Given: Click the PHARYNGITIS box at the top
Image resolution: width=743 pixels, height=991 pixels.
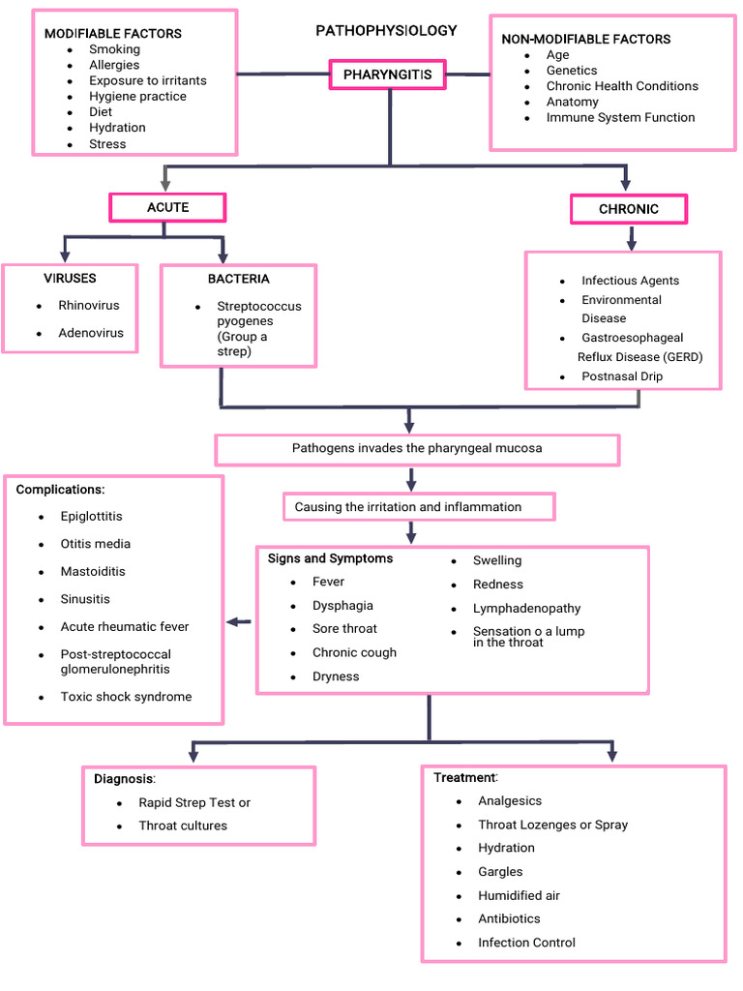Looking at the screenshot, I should (387, 75).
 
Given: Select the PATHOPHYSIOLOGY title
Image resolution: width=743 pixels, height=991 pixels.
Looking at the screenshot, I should (386, 31).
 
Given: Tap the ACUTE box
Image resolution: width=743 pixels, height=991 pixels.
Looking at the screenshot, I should (167, 207).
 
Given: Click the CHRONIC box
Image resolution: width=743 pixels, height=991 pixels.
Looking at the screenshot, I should (629, 209).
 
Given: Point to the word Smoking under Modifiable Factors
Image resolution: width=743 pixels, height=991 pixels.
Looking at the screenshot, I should (114, 49).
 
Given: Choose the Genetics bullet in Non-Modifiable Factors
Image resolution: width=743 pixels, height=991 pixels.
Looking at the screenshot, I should (572, 71).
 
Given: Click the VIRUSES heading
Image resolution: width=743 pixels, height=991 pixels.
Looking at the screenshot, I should (70, 279).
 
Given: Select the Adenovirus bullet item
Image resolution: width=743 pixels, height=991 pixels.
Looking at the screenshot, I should (91, 333).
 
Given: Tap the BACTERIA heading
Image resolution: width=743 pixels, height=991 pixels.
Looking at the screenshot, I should (238, 280).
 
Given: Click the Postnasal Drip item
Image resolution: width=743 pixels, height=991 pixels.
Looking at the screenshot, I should (622, 376).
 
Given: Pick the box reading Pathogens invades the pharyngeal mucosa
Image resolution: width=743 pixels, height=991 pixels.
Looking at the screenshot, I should (417, 449).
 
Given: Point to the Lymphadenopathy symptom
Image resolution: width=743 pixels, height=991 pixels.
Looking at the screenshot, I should (527, 609).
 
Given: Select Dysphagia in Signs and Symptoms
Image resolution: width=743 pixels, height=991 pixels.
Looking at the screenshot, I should (342, 606).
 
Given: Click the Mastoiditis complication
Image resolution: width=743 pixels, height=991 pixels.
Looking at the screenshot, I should (93, 572).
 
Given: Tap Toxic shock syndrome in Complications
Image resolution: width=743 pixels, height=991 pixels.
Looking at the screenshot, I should (126, 697).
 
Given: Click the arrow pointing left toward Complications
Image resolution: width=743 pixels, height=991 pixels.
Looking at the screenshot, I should (237, 622).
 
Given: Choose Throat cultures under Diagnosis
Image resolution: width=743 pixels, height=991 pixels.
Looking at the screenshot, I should (183, 826).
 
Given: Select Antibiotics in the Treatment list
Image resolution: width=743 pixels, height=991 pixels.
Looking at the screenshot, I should (509, 918).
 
